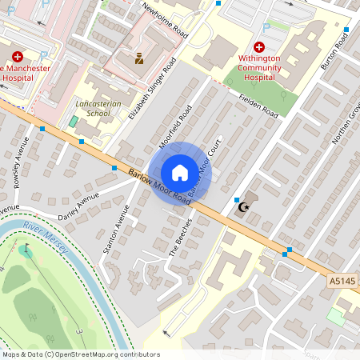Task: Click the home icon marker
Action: pos(180,173)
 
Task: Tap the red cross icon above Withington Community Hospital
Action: pos(258,47)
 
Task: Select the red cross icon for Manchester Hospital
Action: pos(18,56)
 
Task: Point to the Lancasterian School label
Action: pos(92,109)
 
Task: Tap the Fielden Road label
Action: pos(258,105)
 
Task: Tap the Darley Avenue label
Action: pos(78,206)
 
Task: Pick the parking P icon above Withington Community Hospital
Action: pos(266,26)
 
